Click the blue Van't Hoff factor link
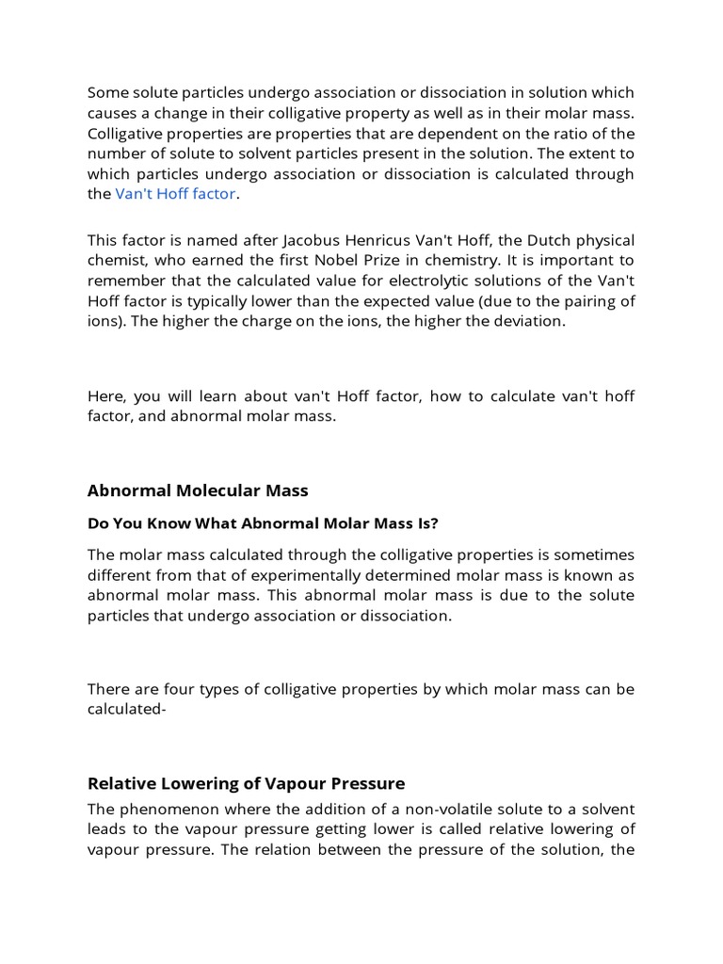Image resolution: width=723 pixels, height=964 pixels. [176, 194]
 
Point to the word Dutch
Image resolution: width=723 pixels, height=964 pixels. [531, 239]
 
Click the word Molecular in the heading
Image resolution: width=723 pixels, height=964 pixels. [217, 490]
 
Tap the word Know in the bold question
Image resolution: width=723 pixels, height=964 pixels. [161, 523]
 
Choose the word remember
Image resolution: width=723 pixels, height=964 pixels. [122, 281]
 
